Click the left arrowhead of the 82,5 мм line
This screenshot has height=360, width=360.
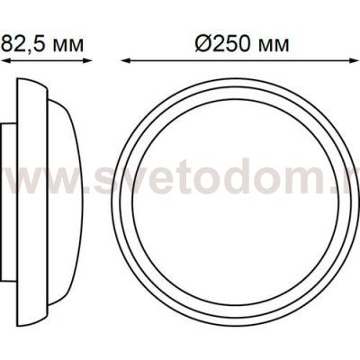(x=4, y=61)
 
